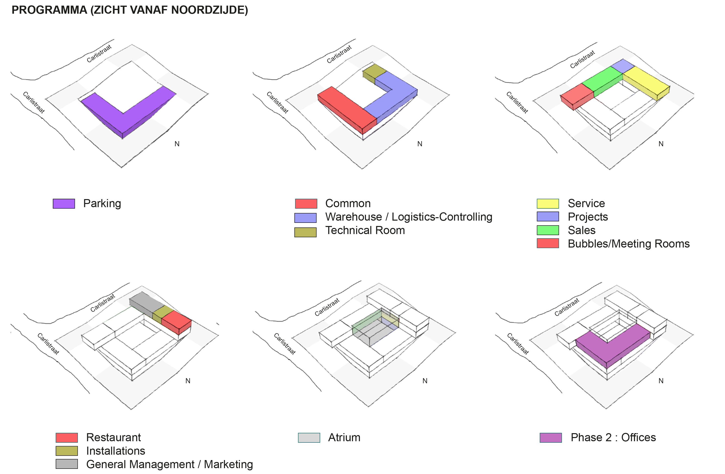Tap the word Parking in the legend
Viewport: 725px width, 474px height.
click(102, 203)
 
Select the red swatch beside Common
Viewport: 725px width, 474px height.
click(306, 203)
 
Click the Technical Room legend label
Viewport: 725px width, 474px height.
click(365, 230)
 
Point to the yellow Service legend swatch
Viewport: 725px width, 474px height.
click(548, 203)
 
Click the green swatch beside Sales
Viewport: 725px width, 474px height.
click(548, 230)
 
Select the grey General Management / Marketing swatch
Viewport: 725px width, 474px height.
click(67, 464)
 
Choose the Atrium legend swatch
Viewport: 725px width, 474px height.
click(309, 438)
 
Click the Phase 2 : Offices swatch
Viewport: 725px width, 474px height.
click(551, 438)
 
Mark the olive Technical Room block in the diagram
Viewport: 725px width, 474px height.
click(374, 73)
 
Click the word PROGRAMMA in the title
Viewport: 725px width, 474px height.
click(49, 10)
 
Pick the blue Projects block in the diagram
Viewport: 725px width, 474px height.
click(623, 66)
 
